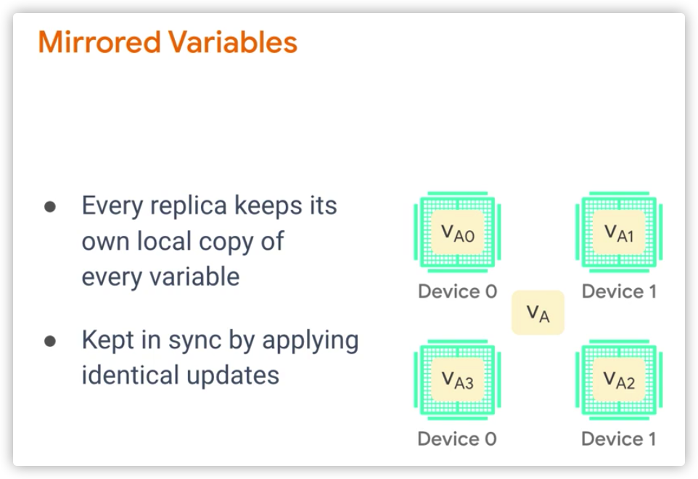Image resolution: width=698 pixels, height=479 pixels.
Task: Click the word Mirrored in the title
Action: (99, 42)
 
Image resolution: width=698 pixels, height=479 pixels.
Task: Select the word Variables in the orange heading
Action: (233, 42)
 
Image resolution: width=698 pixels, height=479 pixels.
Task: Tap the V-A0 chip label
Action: (458, 232)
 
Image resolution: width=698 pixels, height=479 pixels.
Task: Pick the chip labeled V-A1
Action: (619, 232)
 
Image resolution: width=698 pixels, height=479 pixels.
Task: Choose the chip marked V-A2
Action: (619, 380)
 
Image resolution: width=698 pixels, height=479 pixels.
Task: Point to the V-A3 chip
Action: (458, 380)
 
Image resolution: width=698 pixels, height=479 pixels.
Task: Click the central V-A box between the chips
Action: (538, 313)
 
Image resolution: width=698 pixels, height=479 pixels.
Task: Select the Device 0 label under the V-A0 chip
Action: (458, 292)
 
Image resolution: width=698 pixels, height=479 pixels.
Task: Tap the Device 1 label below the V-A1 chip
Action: (619, 292)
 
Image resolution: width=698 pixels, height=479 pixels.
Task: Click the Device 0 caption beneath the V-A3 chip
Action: (457, 439)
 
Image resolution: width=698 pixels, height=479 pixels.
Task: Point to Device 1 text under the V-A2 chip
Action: (619, 439)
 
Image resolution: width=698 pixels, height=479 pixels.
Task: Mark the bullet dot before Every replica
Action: (50, 207)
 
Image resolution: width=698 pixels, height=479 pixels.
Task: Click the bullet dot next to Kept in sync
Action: (50, 341)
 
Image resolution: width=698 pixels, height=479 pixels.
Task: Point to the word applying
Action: (311, 341)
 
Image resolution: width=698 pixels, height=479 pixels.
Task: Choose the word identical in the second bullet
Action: (131, 374)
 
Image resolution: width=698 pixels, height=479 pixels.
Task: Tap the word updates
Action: (233, 377)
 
